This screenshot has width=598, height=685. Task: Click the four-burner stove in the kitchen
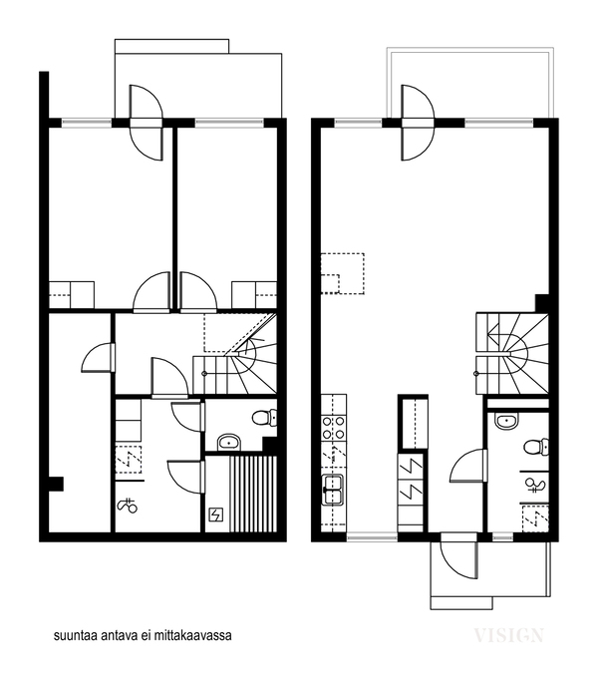tap(334, 428)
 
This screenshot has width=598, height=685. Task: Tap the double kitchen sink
tap(333, 490)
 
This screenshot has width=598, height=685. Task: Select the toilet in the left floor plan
tap(265, 418)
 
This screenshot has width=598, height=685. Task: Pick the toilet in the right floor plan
tap(536, 447)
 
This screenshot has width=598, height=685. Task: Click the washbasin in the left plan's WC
tap(229, 442)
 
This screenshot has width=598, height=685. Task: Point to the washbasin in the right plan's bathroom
tap(506, 421)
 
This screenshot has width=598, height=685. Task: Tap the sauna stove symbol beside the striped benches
tap(216, 515)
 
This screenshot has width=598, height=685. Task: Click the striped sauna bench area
tap(253, 495)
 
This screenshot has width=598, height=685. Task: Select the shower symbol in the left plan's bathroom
tap(128, 506)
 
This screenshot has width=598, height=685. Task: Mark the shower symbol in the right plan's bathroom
tap(535, 485)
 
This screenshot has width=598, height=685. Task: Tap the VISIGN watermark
tap(509, 635)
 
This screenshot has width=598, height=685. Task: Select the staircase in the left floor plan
tap(235, 355)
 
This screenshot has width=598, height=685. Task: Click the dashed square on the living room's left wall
tap(343, 273)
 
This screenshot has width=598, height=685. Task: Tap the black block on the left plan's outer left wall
tap(56, 484)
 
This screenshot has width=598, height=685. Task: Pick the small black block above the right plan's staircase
tap(542, 303)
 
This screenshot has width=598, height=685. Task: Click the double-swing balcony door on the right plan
tap(418, 123)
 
